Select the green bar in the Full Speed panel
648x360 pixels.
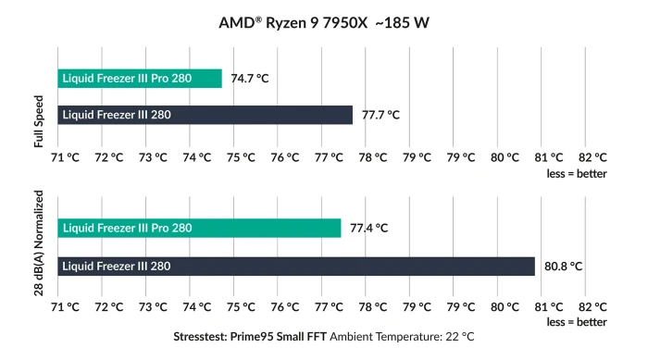140,79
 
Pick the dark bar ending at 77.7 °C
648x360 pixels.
205,116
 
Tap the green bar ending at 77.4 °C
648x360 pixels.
199,228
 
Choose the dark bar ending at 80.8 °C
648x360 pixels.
296,267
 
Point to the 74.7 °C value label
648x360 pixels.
250,79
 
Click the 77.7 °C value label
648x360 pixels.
380,116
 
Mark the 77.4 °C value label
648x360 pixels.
368,228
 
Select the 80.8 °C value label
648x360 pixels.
563,267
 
